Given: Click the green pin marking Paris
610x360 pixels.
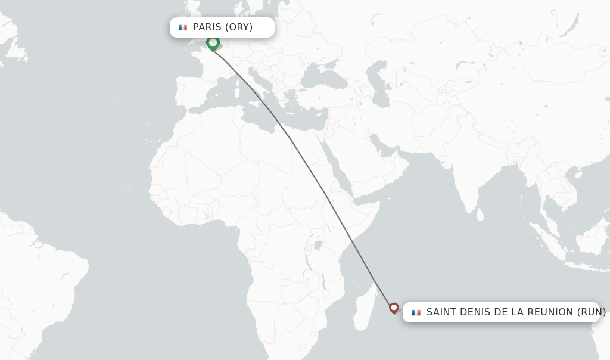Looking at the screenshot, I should (213, 43).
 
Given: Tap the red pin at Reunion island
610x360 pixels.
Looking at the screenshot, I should (394, 308).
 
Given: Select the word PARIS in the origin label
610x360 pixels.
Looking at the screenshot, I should (207, 27).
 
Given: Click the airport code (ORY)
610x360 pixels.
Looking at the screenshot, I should (239, 27).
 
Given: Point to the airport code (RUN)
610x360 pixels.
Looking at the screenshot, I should (592, 312).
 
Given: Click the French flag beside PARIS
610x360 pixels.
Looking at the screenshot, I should (183, 27).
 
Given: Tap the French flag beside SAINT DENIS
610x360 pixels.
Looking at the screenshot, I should (416, 312).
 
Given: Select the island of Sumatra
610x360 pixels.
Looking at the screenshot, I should (545, 238).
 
